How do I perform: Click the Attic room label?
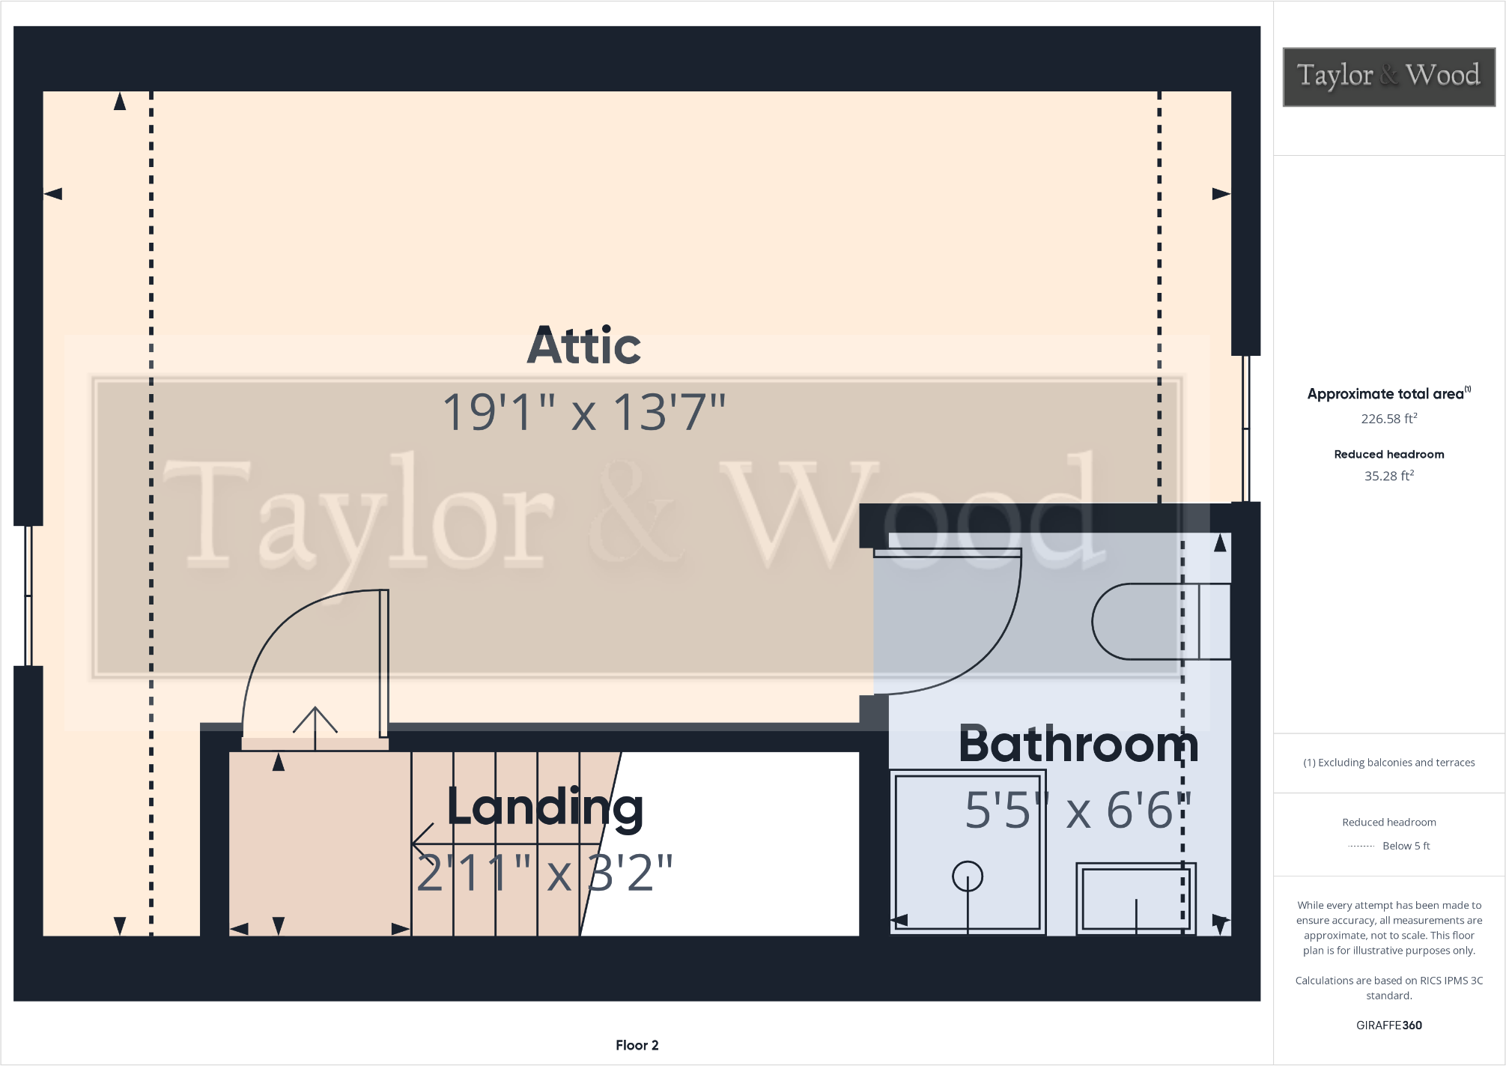(584, 346)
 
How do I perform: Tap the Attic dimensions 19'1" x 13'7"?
(584, 412)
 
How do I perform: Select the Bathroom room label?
(1078, 745)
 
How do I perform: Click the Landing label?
(544, 808)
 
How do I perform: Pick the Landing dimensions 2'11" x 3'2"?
(544, 873)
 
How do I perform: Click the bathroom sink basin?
(1135, 898)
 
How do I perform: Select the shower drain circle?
(967, 876)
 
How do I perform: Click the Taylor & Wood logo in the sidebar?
(1388, 76)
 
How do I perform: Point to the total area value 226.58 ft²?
(1388, 419)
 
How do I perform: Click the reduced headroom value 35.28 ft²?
(1388, 476)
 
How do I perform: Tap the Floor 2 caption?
(637, 1045)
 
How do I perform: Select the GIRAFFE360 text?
(1388, 1025)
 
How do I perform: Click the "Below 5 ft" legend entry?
(1405, 846)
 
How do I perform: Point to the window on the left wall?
(28, 596)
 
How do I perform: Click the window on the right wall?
(1245, 428)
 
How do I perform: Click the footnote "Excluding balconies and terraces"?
(1388, 763)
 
